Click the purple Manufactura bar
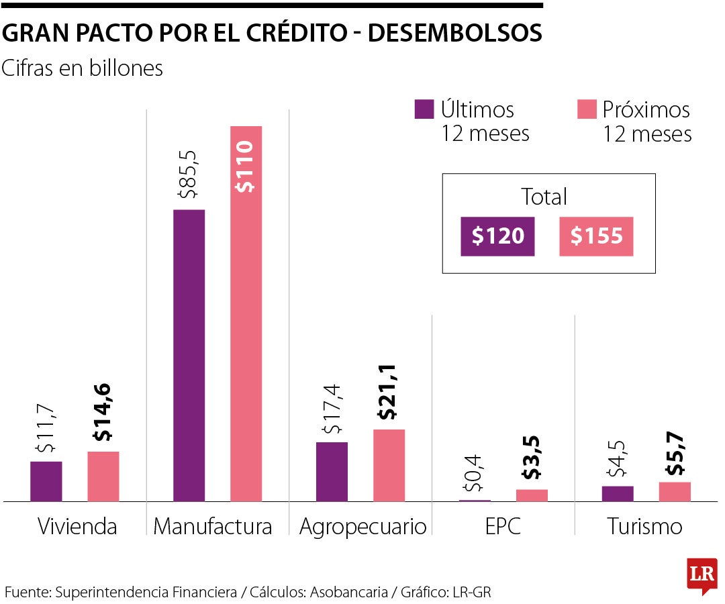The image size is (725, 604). [x=189, y=355]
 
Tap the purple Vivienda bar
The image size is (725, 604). [x=46, y=481]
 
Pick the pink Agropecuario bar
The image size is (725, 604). [x=389, y=465]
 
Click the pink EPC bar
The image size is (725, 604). [x=532, y=495]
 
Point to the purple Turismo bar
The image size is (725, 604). [x=618, y=493]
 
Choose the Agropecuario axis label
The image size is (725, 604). [x=362, y=527]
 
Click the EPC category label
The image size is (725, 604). [x=503, y=527]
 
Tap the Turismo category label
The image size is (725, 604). [x=644, y=527]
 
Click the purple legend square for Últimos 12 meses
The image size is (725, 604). [x=424, y=109]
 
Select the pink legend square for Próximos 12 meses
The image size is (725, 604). [x=587, y=109]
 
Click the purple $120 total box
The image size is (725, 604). [x=497, y=236]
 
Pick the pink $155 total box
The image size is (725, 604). [x=596, y=236]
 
